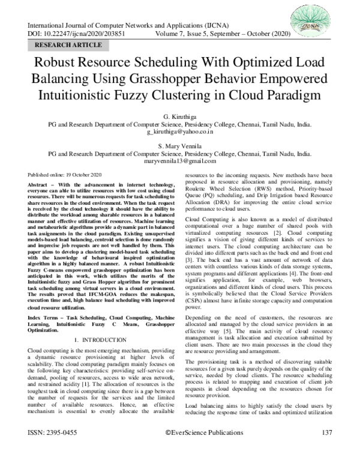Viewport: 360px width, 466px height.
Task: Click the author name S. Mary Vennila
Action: (179, 145)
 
